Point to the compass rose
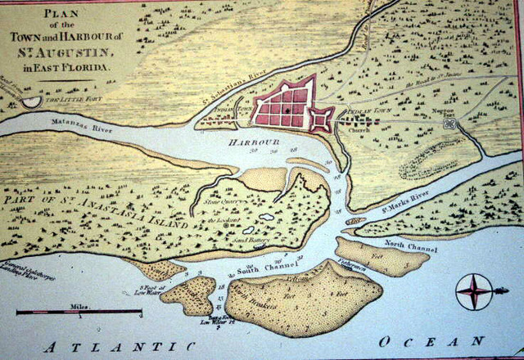tap(474, 290)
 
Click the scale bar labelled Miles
tap(78, 312)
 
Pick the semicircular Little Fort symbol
tap(30, 101)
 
